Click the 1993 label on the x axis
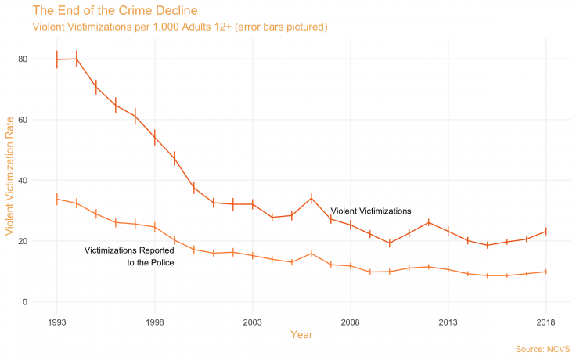click(57, 322)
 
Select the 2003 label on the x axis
click(253, 322)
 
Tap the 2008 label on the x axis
click(351, 322)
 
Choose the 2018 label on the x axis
click(546, 322)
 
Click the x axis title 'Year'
click(301, 335)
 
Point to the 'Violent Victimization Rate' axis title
click(10, 180)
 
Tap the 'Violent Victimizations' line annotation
click(370, 211)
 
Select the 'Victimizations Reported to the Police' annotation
click(129, 257)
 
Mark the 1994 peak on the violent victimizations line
click(77, 59)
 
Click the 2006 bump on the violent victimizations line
click(311, 198)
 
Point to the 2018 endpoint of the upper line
click(546, 231)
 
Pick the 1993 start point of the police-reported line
click(57, 199)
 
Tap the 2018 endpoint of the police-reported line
click(546, 272)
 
